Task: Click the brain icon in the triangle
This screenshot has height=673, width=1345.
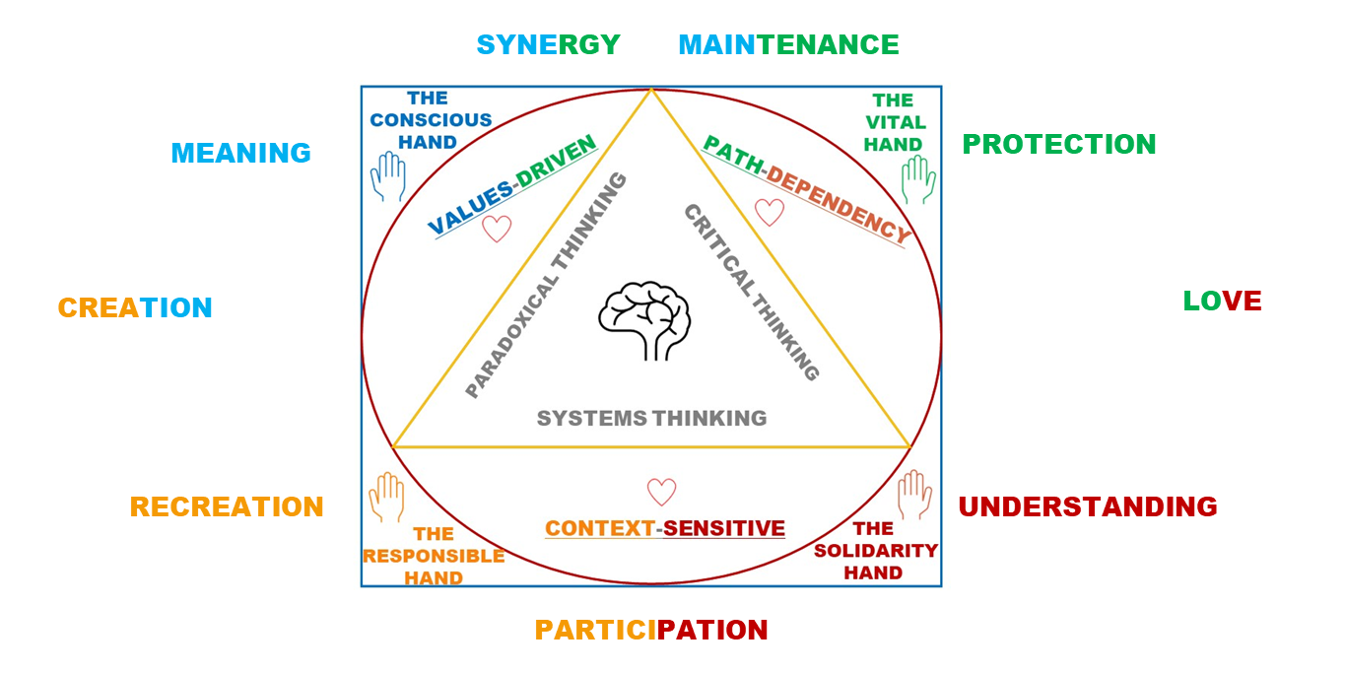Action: tap(644, 320)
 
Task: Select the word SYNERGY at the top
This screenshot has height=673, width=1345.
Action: tap(548, 44)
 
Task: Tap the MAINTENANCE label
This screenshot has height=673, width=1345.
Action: tap(788, 44)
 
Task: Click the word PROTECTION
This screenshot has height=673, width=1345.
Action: tap(1058, 144)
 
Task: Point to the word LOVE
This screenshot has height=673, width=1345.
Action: tap(1222, 301)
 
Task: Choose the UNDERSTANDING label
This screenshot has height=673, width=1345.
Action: tap(1088, 506)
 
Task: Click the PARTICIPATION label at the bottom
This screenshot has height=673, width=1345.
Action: tap(651, 631)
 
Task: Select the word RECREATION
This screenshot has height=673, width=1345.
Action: tap(227, 506)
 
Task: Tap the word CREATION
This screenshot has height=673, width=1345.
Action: tap(135, 307)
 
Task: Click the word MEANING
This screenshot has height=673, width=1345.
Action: tap(240, 153)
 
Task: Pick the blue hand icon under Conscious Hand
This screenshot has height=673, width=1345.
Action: tap(388, 176)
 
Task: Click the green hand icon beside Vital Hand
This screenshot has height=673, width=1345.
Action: tap(918, 179)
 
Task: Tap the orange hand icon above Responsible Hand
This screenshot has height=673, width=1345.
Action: tap(386, 497)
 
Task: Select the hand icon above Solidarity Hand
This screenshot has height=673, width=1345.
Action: tap(914, 495)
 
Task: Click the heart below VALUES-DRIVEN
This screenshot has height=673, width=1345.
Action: tap(497, 229)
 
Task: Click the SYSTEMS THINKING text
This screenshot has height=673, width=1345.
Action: tap(651, 418)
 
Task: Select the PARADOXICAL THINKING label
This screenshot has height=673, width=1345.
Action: tap(546, 285)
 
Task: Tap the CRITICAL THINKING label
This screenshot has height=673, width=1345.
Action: tap(752, 293)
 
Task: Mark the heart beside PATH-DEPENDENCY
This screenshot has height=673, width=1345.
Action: tap(770, 213)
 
